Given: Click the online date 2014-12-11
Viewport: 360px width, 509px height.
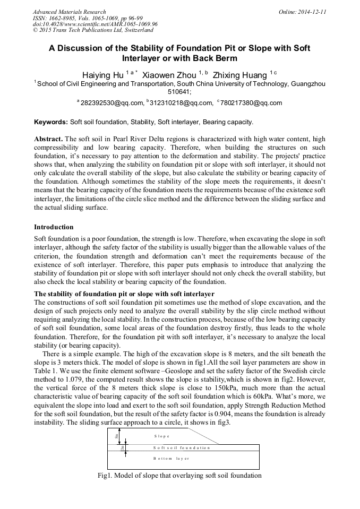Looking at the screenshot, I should click(x=312, y=12).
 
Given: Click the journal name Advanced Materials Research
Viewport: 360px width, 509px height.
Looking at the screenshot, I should click(x=70, y=12).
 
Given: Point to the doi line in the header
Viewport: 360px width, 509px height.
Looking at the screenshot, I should click(x=95, y=24).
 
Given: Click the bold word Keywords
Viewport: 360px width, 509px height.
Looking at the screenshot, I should click(x=51, y=122).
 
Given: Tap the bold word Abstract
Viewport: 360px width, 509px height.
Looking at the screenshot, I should click(x=48, y=139).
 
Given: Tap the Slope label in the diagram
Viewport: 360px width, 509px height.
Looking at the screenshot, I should click(x=162, y=436).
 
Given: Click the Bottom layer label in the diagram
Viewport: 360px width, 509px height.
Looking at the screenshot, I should click(x=171, y=458).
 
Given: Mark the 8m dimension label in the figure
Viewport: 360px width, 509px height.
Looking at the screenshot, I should click(x=117, y=436).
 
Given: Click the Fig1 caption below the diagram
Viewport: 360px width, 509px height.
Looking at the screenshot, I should click(x=179, y=475).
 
